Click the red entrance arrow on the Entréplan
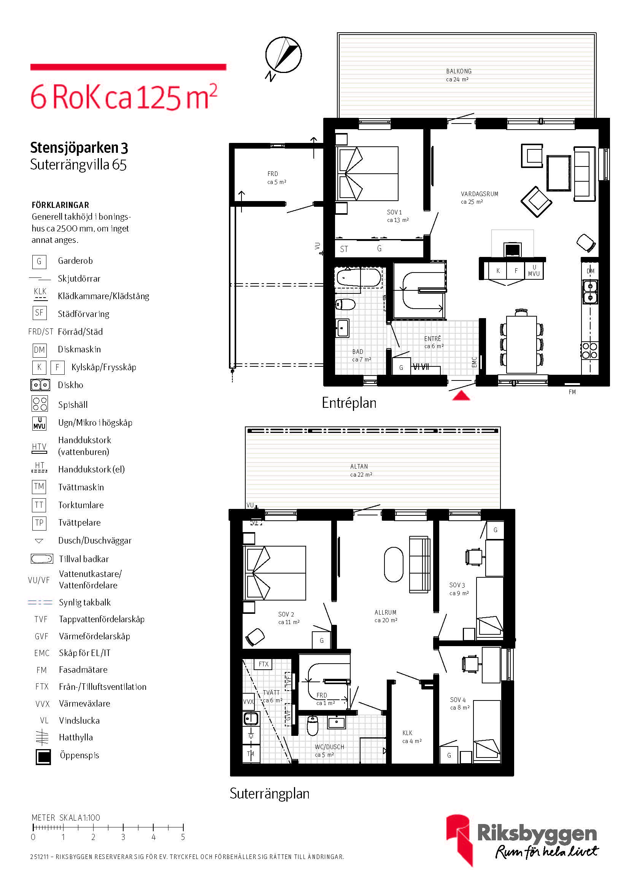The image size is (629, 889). click(x=461, y=396)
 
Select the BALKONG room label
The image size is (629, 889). click(x=459, y=71)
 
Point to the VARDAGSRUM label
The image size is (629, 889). click(x=480, y=194)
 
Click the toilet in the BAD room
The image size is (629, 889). click(x=345, y=304)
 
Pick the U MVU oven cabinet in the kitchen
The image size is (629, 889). click(x=534, y=270)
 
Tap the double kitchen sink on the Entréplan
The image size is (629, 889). click(x=590, y=292)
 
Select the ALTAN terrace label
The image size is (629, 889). click(x=359, y=467)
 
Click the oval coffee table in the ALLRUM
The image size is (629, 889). click(x=394, y=564)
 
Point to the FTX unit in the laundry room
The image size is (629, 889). click(x=264, y=664)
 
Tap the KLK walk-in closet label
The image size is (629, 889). click(x=407, y=733)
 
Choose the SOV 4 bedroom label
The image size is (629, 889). click(x=458, y=700)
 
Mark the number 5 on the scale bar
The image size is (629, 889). click(x=183, y=837)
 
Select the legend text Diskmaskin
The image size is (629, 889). click(x=79, y=349)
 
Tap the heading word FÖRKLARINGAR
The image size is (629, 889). click(x=60, y=205)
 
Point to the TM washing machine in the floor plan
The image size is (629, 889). click(x=251, y=753)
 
